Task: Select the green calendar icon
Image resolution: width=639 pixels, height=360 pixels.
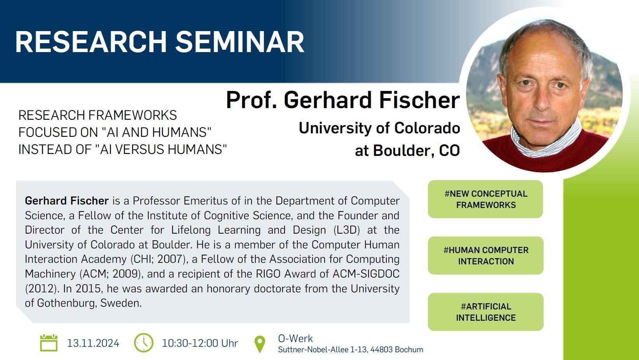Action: tap(49, 343)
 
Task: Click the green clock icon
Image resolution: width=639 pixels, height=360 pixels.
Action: tap(143, 343)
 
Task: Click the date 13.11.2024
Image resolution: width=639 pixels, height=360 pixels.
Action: tap(93, 343)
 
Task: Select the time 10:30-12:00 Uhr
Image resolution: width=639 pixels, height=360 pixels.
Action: tap(200, 343)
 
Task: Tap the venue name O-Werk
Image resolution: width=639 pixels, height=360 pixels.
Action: tap(295, 339)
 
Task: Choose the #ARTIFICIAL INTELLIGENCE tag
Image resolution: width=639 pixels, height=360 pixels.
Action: tap(485, 312)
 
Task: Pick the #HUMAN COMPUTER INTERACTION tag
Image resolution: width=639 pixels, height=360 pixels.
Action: tap(485, 255)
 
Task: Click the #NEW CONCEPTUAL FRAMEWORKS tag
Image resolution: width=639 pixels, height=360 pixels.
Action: tap(485, 199)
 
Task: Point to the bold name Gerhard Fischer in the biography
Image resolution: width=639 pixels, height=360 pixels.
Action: tap(67, 201)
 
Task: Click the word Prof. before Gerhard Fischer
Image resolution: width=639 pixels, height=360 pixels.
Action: tap(251, 100)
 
